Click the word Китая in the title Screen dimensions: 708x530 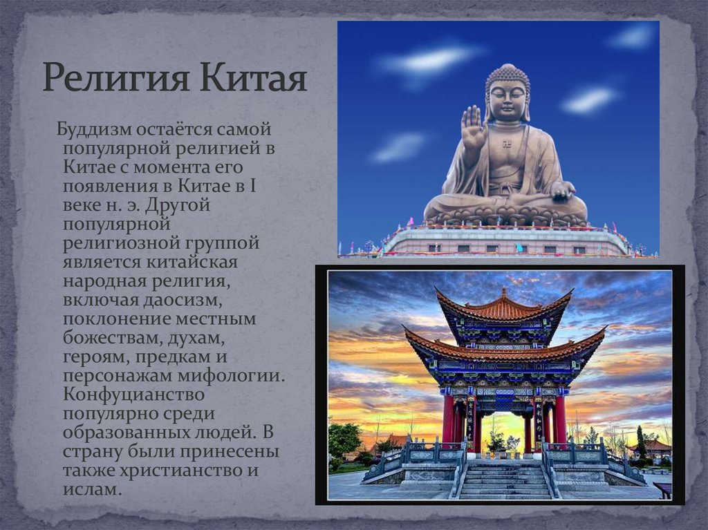tap(253, 77)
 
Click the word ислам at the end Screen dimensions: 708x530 tap(92, 489)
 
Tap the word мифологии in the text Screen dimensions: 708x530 tap(231, 377)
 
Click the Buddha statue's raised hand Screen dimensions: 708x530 tap(474, 128)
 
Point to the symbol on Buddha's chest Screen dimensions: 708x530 tap(507, 144)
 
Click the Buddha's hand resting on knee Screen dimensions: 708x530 tap(562, 191)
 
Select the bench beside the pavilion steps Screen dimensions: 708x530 tap(662, 490)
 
